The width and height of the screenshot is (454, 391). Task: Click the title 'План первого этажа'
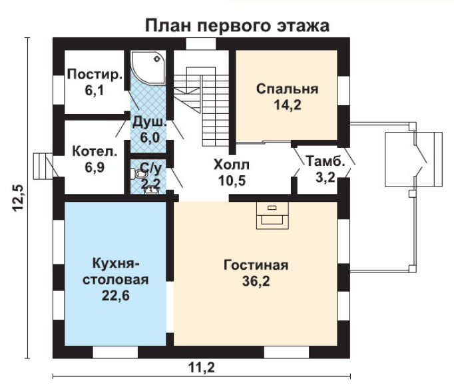237,26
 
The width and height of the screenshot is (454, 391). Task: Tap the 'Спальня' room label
287,89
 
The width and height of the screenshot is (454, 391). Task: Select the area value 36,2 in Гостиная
256,281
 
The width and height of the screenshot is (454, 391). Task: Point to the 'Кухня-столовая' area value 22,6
115,296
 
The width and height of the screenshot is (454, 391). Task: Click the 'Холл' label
232,165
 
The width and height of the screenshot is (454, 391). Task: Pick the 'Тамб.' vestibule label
326,161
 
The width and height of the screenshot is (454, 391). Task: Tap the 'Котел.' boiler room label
95,151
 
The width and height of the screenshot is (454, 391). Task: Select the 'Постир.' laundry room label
95,75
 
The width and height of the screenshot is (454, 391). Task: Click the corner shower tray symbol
148,68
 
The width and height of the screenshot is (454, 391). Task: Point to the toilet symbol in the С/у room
139,174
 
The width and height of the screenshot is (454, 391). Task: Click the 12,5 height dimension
18,198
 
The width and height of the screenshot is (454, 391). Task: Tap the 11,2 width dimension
202,368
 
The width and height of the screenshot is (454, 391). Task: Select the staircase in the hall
202,107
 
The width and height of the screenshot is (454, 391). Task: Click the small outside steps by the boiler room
43,167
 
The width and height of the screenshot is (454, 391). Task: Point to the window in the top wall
200,44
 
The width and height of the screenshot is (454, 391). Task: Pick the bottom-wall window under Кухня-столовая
115,352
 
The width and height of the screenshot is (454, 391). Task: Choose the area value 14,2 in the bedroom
288,105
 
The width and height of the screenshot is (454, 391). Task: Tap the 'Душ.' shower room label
149,122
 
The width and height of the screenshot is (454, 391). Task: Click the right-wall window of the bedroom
343,91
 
